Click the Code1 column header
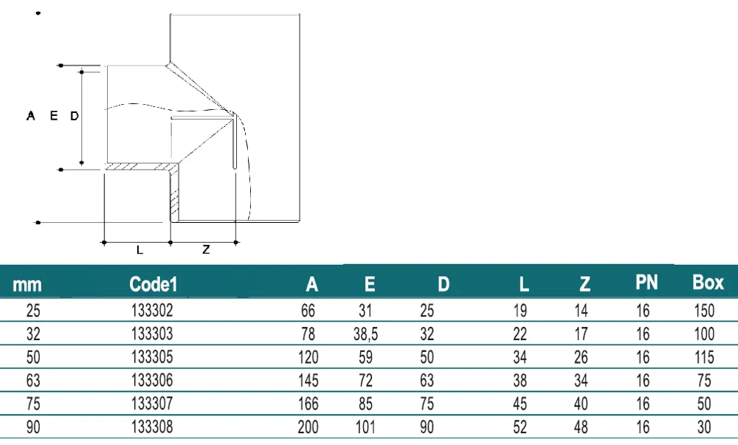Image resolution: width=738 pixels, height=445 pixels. [x=153, y=284]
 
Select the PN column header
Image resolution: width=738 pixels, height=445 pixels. [x=646, y=282]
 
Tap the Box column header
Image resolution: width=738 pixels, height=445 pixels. [x=708, y=282]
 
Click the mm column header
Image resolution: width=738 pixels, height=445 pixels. [x=27, y=285]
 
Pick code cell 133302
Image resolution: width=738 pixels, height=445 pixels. [x=152, y=311]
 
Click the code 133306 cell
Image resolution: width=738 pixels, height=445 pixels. [x=152, y=380]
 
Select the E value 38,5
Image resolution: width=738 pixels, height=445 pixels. [x=366, y=334]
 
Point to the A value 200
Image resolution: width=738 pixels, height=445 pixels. [x=308, y=427]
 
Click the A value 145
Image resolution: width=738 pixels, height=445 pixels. [x=308, y=380]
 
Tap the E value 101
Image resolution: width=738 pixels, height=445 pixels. [x=366, y=427]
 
